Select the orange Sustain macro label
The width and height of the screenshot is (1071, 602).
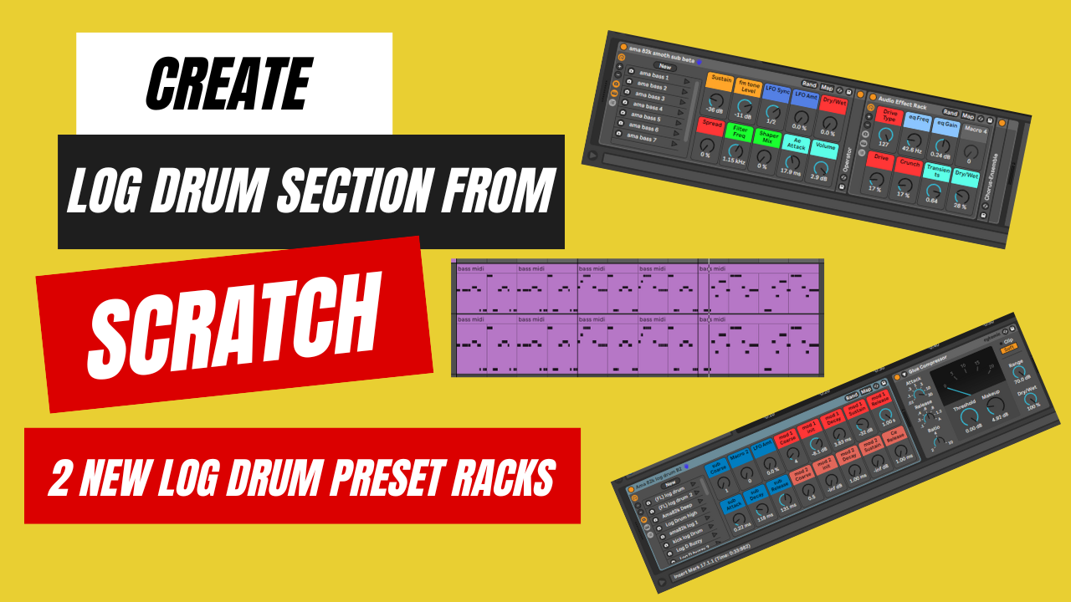720,81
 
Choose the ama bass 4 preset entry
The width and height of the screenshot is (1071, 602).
648,107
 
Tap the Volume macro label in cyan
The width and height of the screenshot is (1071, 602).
823,150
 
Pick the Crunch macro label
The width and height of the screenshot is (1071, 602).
910,163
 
